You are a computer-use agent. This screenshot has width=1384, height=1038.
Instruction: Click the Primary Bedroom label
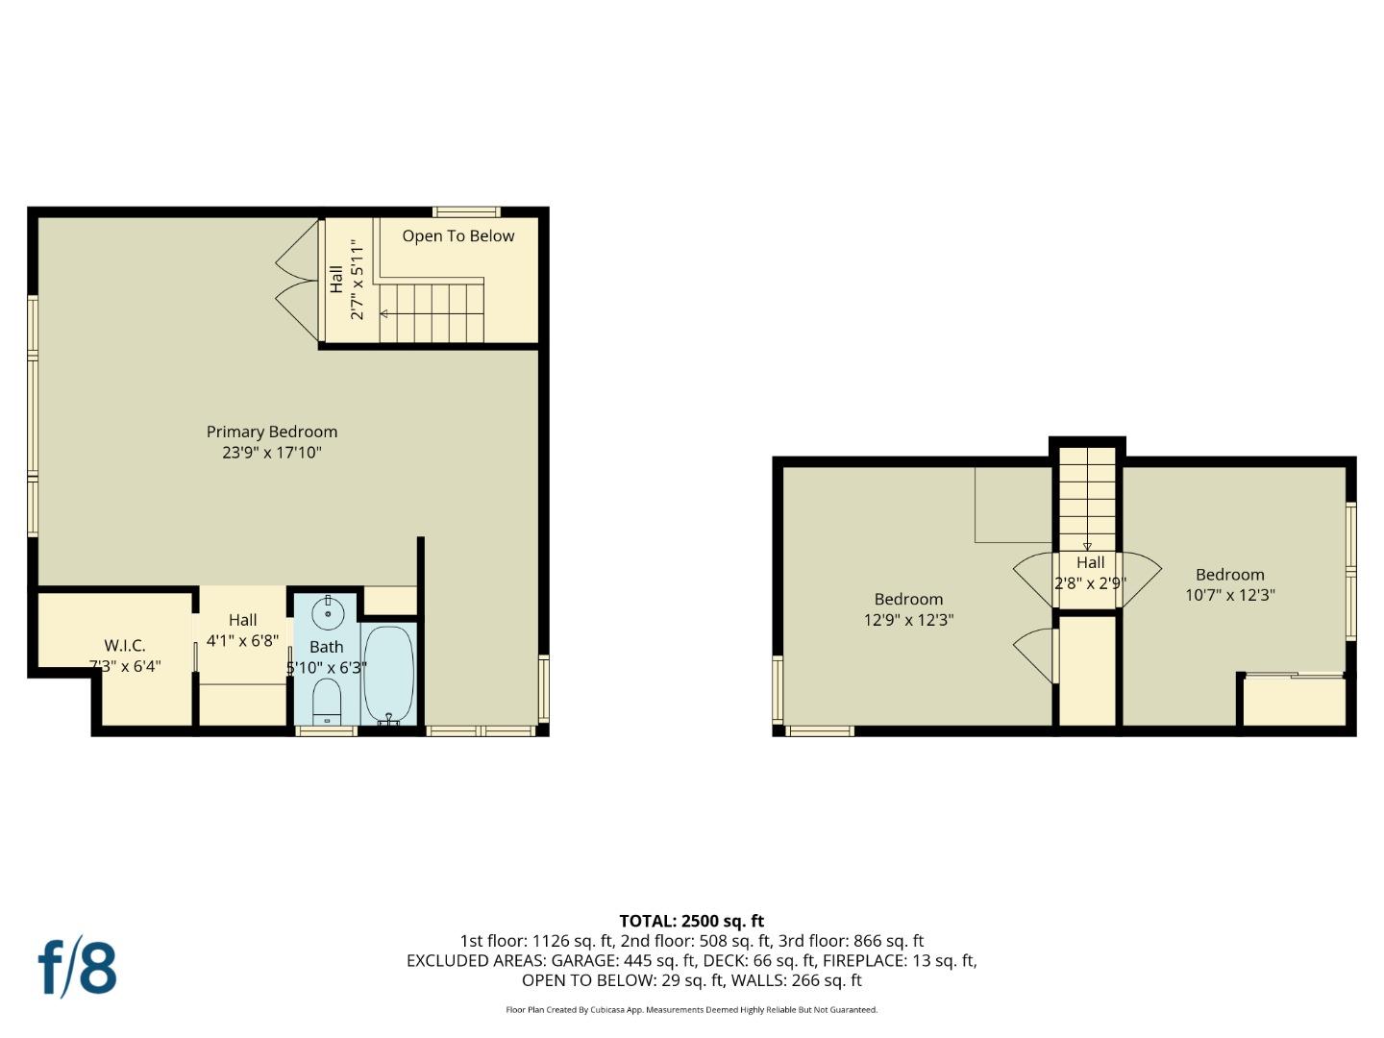[272, 432]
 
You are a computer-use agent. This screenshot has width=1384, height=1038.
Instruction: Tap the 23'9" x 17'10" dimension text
[272, 452]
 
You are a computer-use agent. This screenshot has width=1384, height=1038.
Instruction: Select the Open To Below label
[457, 235]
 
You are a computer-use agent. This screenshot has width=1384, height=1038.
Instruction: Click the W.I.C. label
[125, 646]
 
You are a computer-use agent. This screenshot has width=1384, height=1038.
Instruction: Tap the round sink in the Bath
[328, 612]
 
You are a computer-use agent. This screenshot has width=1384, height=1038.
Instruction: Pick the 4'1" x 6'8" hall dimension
[242, 641]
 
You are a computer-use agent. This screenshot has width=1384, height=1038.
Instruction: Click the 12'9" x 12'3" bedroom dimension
[908, 620]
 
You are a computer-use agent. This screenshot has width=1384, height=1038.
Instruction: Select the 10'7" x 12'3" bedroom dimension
[1229, 595]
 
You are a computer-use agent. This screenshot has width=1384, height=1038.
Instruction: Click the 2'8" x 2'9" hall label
[1090, 582]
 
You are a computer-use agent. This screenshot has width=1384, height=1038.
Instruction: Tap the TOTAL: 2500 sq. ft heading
[691, 921]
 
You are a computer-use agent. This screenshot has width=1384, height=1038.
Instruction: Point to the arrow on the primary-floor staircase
[384, 313]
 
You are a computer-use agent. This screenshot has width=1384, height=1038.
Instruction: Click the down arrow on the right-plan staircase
[1087, 546]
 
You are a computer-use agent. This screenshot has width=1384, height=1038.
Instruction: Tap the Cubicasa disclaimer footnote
[691, 1009]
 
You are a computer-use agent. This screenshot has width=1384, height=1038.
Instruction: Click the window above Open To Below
[465, 211]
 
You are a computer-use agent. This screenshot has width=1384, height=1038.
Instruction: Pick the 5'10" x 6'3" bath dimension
[327, 667]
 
